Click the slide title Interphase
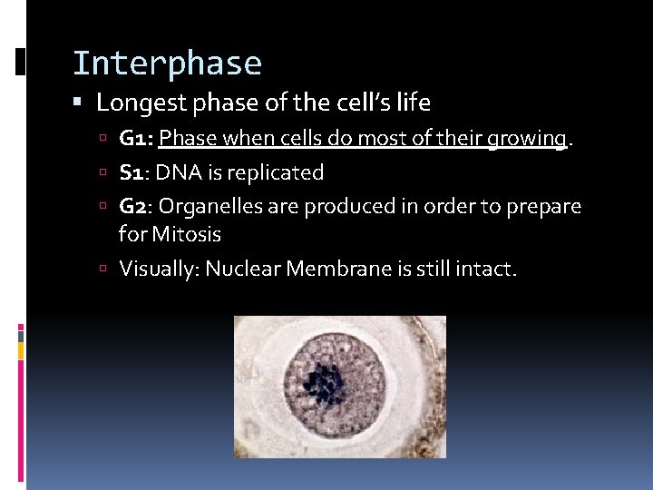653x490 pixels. click(167, 64)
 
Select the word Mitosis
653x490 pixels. click(186, 234)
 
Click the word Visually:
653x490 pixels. click(159, 269)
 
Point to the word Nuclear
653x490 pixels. click(239, 269)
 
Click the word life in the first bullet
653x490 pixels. click(414, 103)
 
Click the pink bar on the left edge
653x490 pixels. click(20, 337)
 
